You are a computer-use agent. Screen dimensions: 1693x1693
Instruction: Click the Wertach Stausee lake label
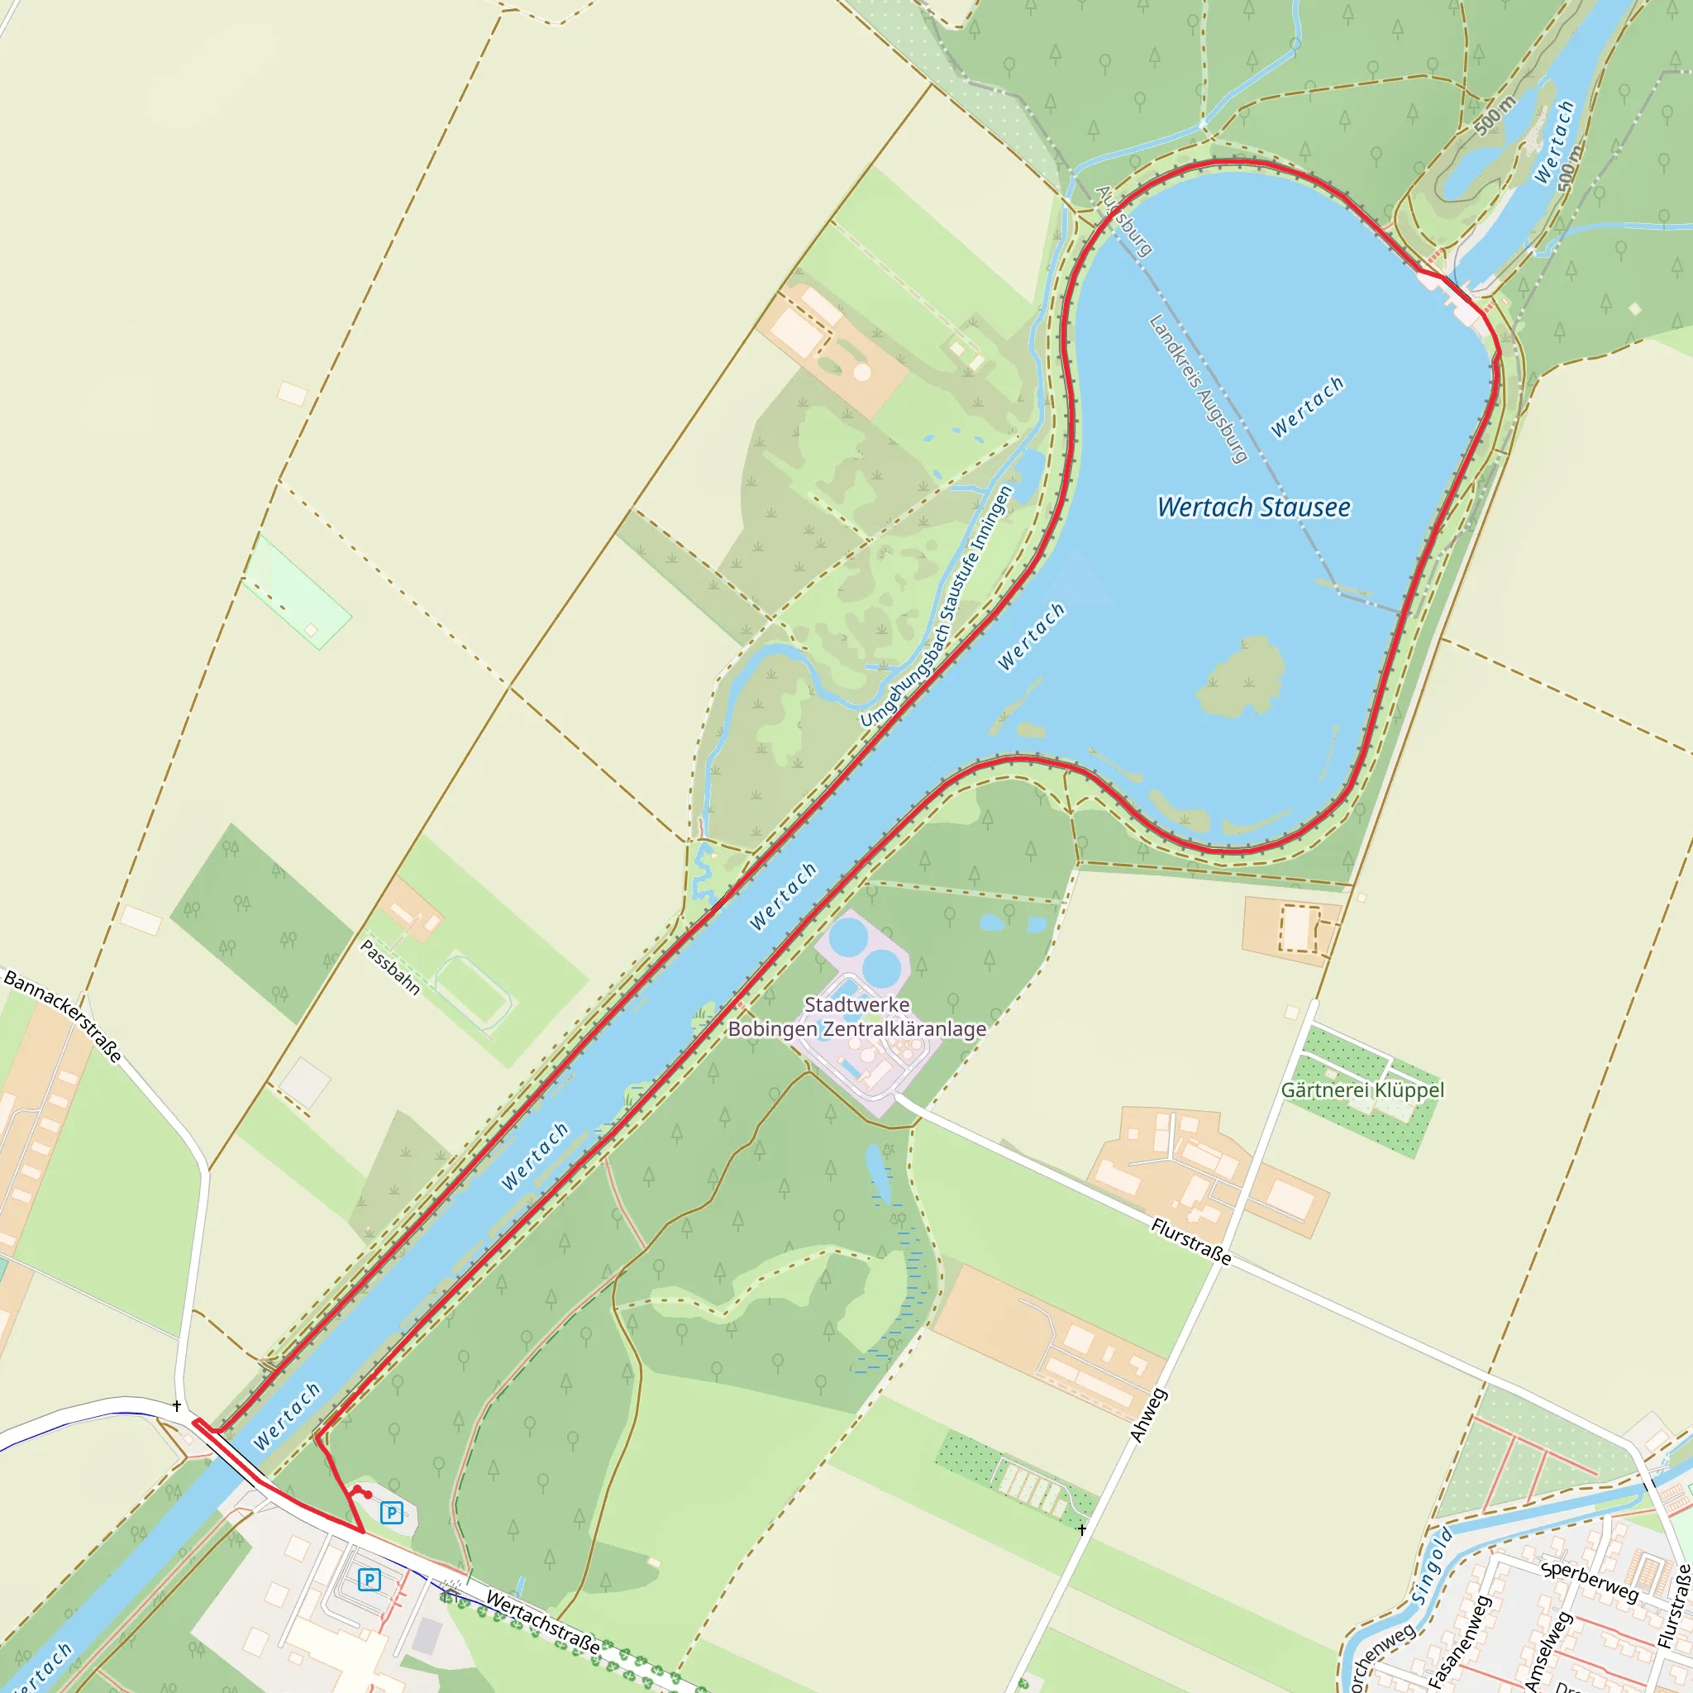[x=1253, y=508]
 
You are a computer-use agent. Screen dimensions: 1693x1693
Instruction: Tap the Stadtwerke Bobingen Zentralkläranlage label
[x=857, y=1017]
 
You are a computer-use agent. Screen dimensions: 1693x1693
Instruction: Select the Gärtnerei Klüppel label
[x=1362, y=1090]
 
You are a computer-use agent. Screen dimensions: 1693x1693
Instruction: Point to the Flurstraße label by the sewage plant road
[x=1191, y=1242]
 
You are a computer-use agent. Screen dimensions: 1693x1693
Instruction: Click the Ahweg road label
[x=1148, y=1415]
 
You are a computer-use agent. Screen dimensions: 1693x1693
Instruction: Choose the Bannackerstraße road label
[x=63, y=1016]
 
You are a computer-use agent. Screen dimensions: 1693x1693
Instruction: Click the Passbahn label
[x=390, y=967]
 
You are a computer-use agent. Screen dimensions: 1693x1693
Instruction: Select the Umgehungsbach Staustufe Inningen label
[x=937, y=607]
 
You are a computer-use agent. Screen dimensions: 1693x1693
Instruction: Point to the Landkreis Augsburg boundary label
[x=1198, y=389]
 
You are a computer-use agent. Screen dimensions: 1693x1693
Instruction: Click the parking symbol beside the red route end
[x=392, y=1512]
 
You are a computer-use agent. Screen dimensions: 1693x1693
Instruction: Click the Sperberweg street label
[x=1588, y=1581]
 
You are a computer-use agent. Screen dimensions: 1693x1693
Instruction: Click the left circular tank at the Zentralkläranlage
[x=847, y=938]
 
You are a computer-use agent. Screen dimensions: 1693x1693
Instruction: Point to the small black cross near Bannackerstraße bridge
[x=177, y=1406]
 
